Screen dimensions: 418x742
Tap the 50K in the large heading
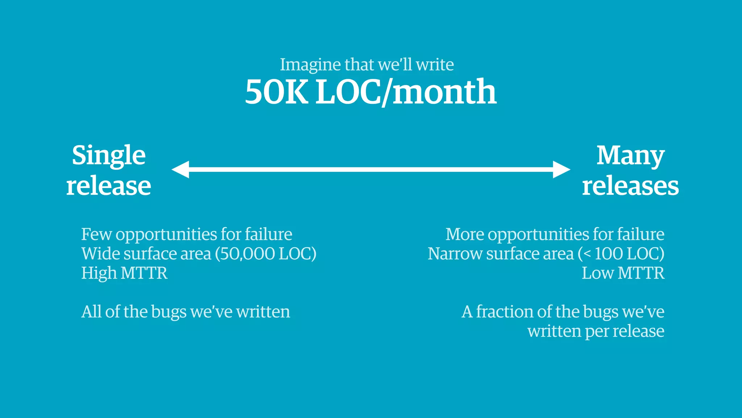[x=276, y=91]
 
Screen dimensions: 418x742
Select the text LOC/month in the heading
[x=406, y=92]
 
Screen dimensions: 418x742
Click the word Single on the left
[x=109, y=156]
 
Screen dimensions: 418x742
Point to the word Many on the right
[x=630, y=156]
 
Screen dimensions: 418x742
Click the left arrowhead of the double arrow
[x=180, y=169]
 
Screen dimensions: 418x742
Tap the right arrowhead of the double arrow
[x=562, y=169]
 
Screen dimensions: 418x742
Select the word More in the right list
[x=464, y=234]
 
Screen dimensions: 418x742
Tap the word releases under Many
[x=630, y=186]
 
